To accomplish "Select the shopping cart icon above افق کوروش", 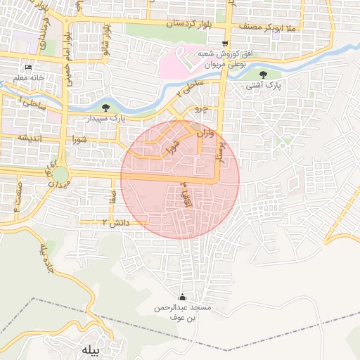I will point(225,42).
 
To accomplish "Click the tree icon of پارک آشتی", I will point(264,75).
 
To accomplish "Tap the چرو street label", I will point(201,110).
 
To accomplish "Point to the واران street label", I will point(199,133).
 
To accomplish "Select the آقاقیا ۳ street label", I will point(186,193).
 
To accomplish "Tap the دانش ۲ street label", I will point(98,222).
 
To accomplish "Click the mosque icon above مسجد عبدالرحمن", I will point(184,297).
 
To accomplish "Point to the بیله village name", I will point(92,349).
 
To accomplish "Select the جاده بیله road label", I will point(44,257).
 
